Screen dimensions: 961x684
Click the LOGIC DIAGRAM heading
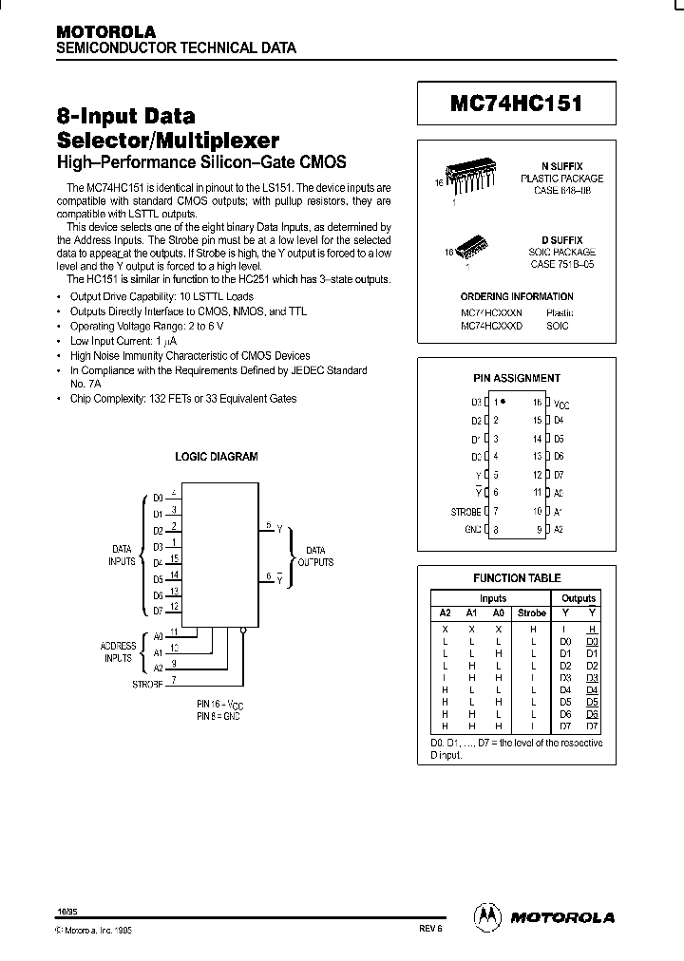click(217, 457)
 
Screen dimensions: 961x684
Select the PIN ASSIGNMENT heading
click(517, 378)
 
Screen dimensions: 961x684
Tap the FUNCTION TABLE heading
click(517, 577)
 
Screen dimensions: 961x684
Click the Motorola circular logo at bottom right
click(486, 916)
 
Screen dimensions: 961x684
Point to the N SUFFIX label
click(568, 165)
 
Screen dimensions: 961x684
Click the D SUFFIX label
click(568, 240)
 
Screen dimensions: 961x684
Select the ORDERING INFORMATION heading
click(517, 297)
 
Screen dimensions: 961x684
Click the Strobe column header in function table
click(531, 613)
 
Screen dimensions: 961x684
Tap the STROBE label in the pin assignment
click(465, 512)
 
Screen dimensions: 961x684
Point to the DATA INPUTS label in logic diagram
click(123, 555)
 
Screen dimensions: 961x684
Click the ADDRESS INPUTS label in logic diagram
click(119, 652)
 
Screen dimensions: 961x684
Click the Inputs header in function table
click(492, 598)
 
